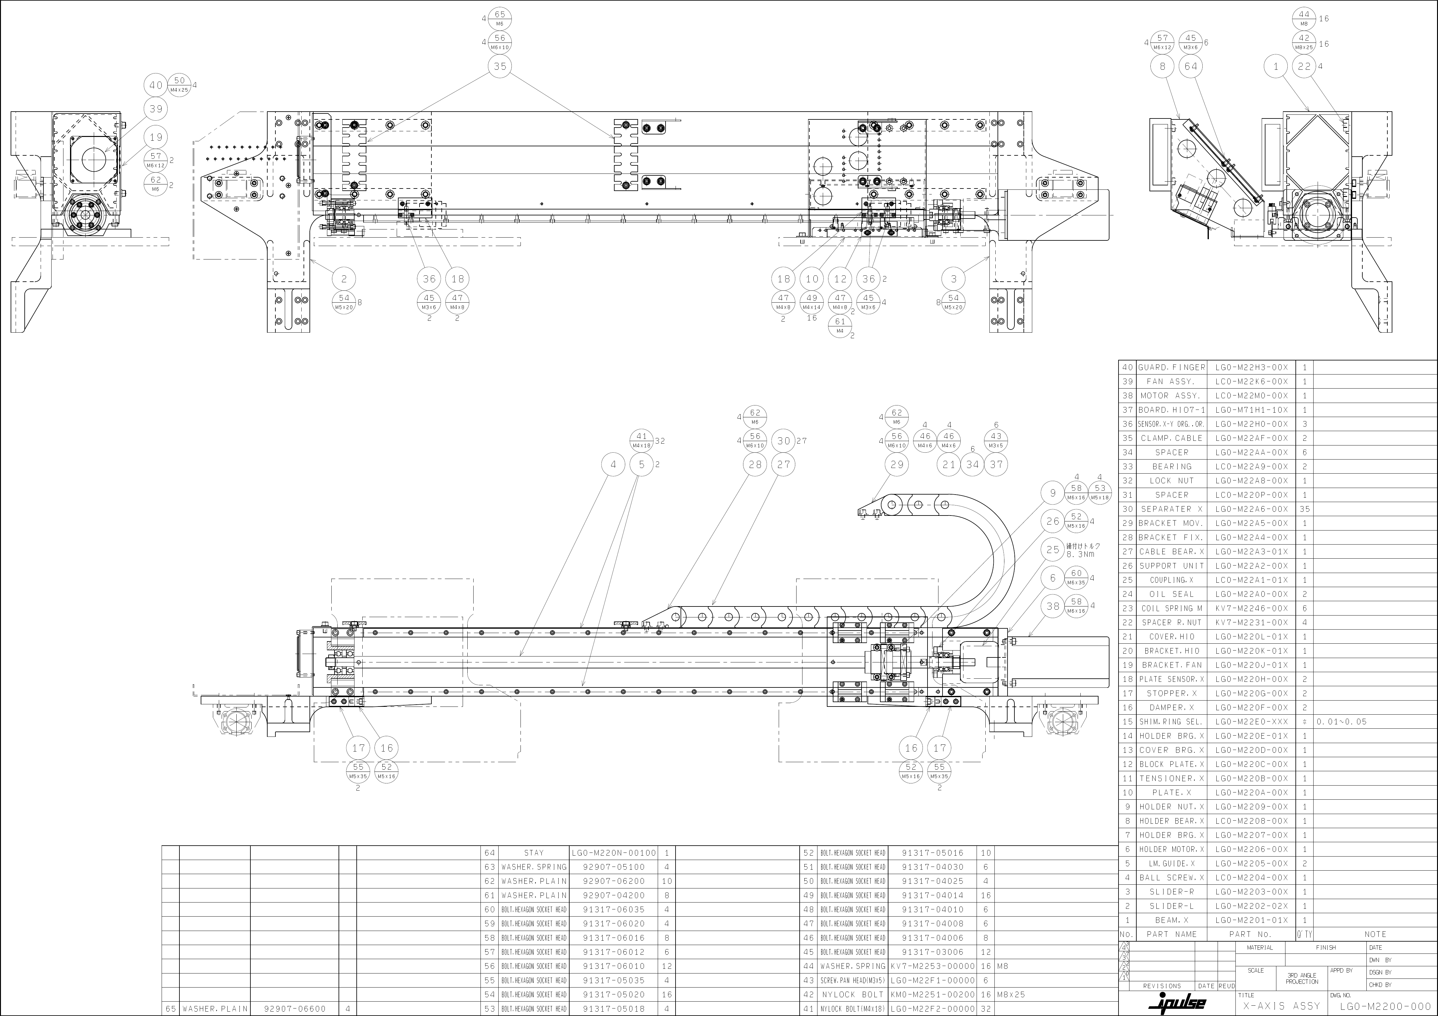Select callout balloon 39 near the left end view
pyautogui.click(x=156, y=109)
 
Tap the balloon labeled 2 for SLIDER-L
pyautogui.click(x=344, y=279)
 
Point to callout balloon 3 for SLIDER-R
pyautogui.click(x=953, y=279)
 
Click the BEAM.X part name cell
pyautogui.click(x=1171, y=920)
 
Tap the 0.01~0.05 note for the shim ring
pyautogui.click(x=1341, y=722)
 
